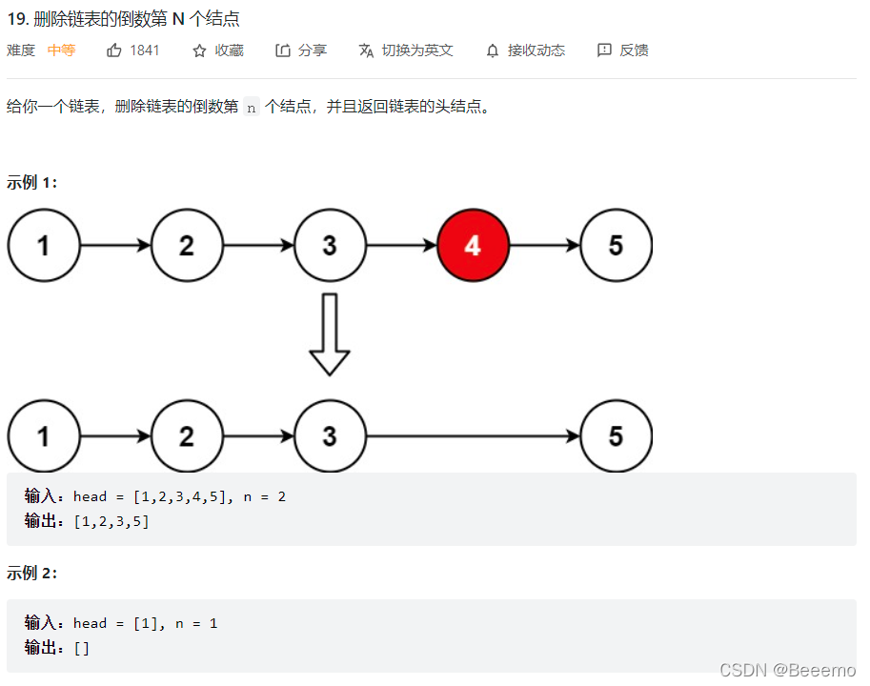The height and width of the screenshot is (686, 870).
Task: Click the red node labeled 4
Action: pyautogui.click(x=473, y=245)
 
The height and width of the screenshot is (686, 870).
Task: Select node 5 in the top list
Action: pyautogui.click(x=616, y=245)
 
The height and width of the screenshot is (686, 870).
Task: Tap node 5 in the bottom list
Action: pyautogui.click(x=616, y=436)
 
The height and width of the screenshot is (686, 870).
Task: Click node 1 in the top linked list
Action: pyautogui.click(x=44, y=245)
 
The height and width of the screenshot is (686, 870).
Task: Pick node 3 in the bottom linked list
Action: pyautogui.click(x=330, y=436)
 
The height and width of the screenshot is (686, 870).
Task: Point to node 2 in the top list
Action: pyautogui.click(x=187, y=245)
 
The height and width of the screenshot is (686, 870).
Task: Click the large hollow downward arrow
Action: pyautogui.click(x=330, y=333)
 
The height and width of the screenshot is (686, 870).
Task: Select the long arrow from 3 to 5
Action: pyautogui.click(x=473, y=436)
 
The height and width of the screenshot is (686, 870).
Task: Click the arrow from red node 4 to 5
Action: pyautogui.click(x=544, y=245)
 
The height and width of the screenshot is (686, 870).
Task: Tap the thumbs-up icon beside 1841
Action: pyautogui.click(x=114, y=50)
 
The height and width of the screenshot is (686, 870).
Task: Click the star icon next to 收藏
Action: pyautogui.click(x=199, y=50)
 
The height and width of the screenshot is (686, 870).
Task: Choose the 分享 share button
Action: pyautogui.click(x=301, y=50)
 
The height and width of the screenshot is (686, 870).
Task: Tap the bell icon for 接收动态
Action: pyautogui.click(x=493, y=50)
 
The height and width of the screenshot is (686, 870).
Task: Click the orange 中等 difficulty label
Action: pyautogui.click(x=61, y=50)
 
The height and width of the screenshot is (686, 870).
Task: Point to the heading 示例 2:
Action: pyautogui.click(x=32, y=573)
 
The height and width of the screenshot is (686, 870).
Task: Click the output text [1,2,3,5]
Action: pyautogui.click(x=111, y=521)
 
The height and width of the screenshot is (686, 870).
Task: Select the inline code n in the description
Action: pyautogui.click(x=252, y=108)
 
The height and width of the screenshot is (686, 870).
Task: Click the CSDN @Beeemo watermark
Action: pyautogui.click(x=787, y=670)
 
